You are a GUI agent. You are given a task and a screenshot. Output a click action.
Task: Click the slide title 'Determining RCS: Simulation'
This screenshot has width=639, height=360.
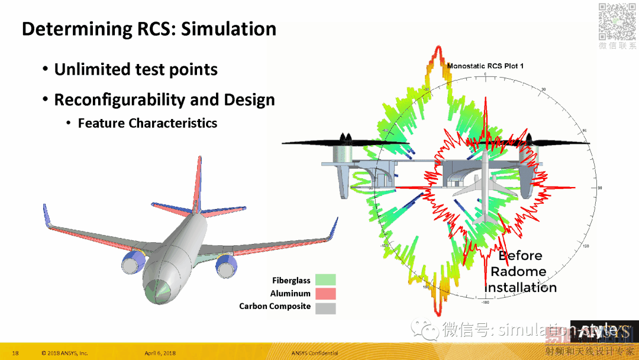149,29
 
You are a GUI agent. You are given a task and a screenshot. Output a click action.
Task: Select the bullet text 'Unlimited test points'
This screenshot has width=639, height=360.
135,70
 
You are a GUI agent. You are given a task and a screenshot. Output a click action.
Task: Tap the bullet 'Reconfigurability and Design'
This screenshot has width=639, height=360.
164,100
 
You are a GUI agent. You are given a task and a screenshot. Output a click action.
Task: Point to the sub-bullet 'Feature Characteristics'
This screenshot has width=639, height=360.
147,123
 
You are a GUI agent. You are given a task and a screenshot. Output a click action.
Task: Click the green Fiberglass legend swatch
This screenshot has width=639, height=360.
325,280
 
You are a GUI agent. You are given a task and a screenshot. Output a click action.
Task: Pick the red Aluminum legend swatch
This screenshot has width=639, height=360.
325,294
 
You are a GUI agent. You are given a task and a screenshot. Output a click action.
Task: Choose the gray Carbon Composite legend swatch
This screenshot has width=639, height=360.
325,307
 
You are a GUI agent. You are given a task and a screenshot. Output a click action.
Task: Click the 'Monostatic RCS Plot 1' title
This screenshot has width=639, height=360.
486,66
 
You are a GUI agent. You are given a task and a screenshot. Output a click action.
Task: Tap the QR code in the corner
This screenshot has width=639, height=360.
617,22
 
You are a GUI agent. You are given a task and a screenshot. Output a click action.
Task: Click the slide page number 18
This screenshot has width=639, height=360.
15,353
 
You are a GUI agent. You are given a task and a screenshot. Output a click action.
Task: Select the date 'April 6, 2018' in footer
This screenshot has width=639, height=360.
160,353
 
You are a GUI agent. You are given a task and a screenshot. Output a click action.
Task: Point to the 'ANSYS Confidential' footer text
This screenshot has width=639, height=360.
314,353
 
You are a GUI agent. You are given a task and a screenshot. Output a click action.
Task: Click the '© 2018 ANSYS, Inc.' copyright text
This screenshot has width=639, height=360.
64,353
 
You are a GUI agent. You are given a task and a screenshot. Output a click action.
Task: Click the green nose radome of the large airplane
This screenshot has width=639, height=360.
157,290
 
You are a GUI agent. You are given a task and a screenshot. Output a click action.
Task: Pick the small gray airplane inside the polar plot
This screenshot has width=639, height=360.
485,189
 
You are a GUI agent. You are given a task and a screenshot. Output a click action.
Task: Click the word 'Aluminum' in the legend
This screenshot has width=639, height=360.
290,294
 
